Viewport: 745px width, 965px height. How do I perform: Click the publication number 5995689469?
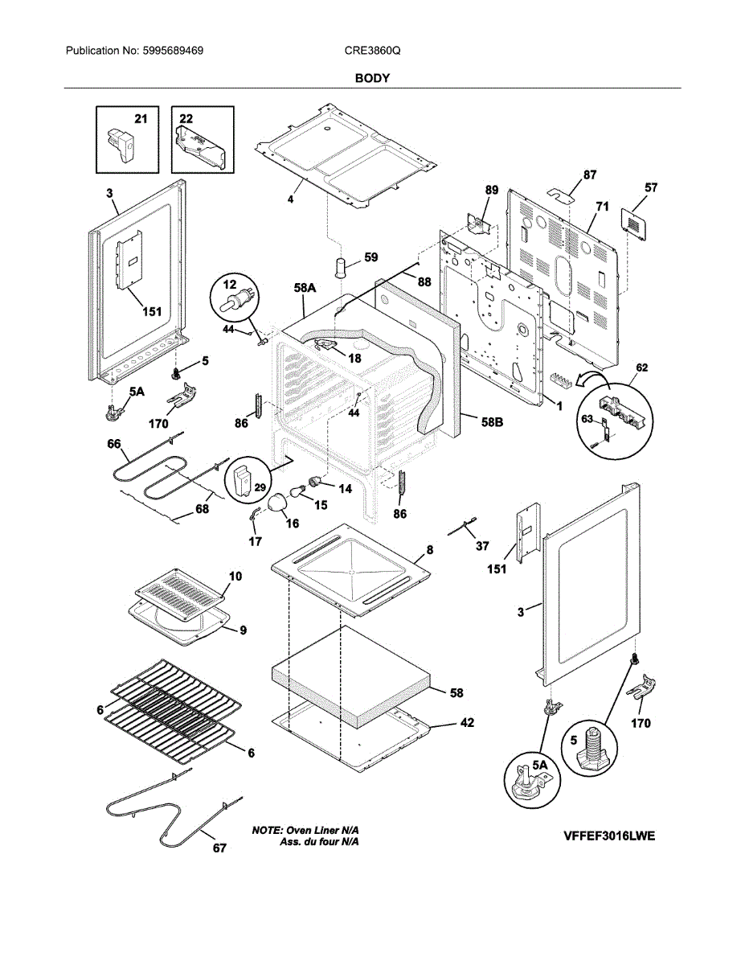(173, 51)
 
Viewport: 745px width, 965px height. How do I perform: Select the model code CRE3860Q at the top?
(372, 51)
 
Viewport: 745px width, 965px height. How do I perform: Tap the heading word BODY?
(372, 79)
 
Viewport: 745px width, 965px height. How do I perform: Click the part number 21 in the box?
(141, 119)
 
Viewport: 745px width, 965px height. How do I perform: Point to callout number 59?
(371, 257)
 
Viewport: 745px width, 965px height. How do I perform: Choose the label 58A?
(305, 288)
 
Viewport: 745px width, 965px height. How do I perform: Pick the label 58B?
(492, 422)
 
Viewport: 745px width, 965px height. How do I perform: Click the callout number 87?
(590, 175)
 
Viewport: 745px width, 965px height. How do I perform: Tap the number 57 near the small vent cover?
(651, 187)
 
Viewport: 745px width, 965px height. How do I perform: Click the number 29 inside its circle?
(260, 487)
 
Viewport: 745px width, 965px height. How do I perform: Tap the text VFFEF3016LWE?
(609, 836)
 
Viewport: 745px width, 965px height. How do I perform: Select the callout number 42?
(467, 723)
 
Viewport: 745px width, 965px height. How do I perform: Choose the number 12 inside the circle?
(229, 284)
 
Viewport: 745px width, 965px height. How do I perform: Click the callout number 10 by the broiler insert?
(235, 576)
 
